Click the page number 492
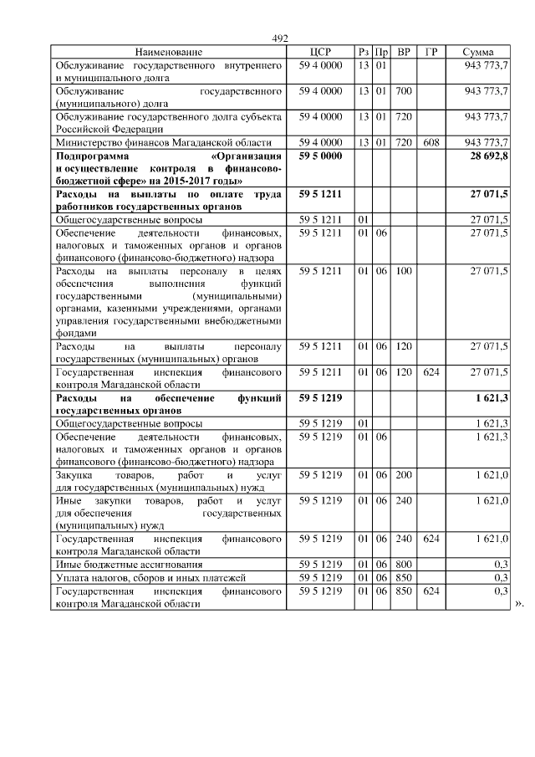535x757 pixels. point(280,38)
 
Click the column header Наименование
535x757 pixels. point(168,52)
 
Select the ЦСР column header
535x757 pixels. point(320,52)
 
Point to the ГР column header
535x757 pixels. point(431,52)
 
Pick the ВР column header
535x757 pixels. point(404,52)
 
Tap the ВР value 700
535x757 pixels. point(404,90)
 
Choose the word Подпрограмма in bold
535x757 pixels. point(89,156)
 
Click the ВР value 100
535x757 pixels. point(404,272)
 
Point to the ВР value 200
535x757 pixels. point(404,475)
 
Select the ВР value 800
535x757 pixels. point(404,565)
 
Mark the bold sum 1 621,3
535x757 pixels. point(492,397)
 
